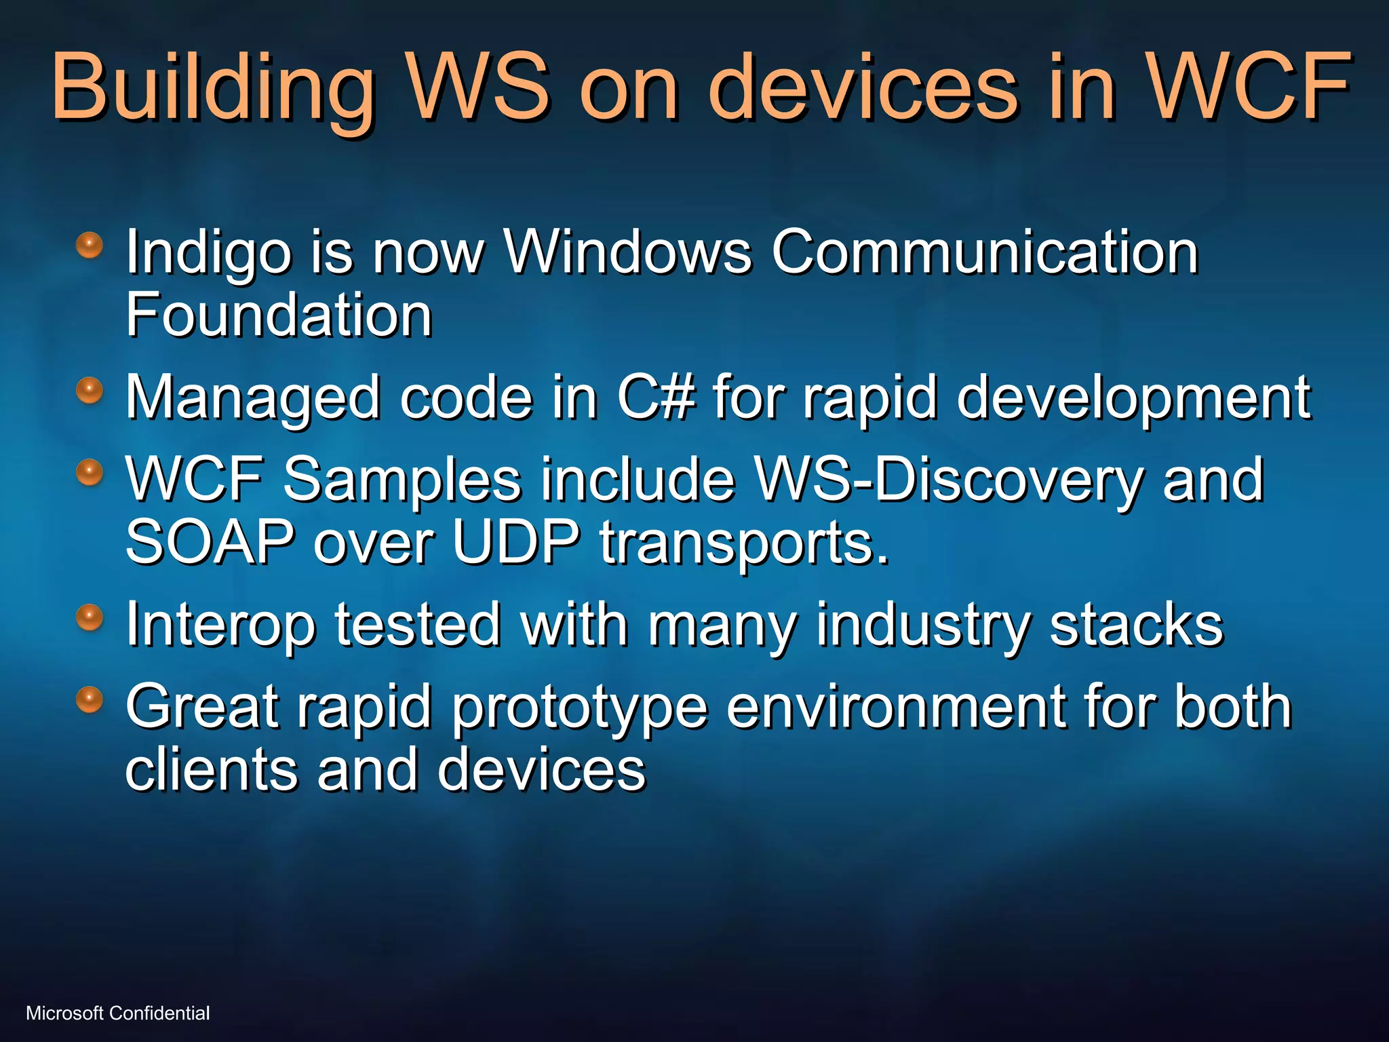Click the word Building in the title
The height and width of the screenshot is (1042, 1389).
point(214,88)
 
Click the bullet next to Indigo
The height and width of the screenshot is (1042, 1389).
point(89,245)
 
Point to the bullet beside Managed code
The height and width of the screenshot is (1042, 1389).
point(89,391)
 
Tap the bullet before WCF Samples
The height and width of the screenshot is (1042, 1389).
point(89,472)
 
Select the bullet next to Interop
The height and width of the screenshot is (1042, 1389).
point(89,618)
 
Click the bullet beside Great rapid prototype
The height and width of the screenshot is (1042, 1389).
point(89,699)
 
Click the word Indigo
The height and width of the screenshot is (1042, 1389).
point(208,253)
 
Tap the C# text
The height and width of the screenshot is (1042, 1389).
point(656,398)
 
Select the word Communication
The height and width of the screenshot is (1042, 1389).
point(985,252)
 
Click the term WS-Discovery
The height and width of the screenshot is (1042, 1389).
point(950,480)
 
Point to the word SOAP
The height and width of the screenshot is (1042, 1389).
point(210,543)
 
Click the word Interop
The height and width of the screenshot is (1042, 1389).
point(220,625)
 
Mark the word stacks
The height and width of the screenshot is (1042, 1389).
point(1137,625)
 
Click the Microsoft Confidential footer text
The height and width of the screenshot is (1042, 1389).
point(118,1013)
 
